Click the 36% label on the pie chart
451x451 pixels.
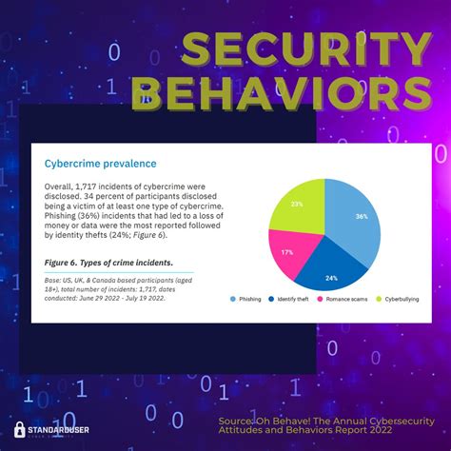(x=361, y=217)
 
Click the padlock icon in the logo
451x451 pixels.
(x=19, y=429)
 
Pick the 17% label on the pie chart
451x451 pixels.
(x=286, y=252)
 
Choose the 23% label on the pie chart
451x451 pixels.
(x=298, y=204)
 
